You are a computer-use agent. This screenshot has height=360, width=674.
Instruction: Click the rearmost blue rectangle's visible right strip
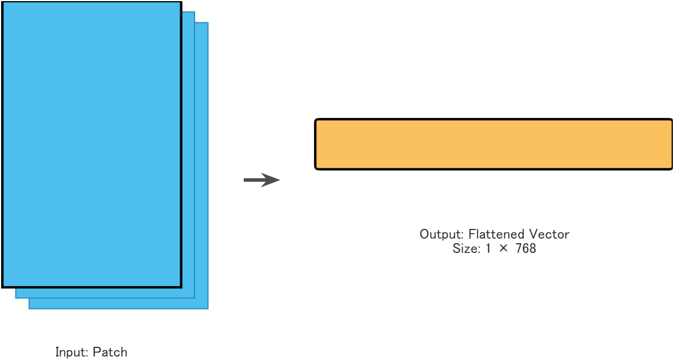[201, 166]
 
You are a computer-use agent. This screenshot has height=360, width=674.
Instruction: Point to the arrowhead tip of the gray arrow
[279, 180]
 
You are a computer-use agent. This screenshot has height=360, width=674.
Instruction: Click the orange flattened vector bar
[493, 144]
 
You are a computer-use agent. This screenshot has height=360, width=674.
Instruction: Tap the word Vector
[551, 234]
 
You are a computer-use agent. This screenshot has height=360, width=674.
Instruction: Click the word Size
[466, 249]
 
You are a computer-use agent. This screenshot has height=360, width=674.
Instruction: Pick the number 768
[525, 249]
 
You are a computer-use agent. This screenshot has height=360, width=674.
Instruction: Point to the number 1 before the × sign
[488, 249]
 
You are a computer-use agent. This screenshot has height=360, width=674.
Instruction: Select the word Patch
[110, 352]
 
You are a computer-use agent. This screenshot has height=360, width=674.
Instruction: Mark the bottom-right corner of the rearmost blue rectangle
[208, 308]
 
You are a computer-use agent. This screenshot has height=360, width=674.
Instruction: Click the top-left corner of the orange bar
[316, 120]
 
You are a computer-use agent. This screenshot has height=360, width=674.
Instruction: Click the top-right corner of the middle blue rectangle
[195, 12]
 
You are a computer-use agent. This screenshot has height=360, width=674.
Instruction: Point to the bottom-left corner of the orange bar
[316, 168]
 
